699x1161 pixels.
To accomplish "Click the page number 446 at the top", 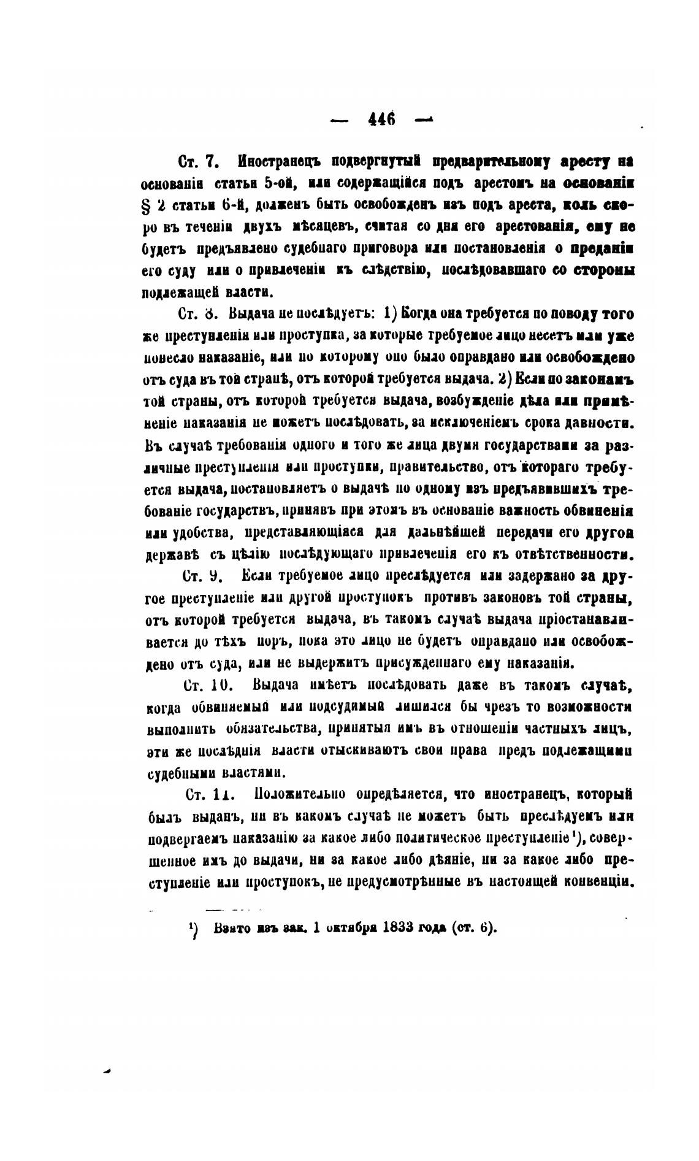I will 381,118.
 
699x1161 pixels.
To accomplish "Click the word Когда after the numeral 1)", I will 421,315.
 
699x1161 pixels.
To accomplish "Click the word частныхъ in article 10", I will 548,729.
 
